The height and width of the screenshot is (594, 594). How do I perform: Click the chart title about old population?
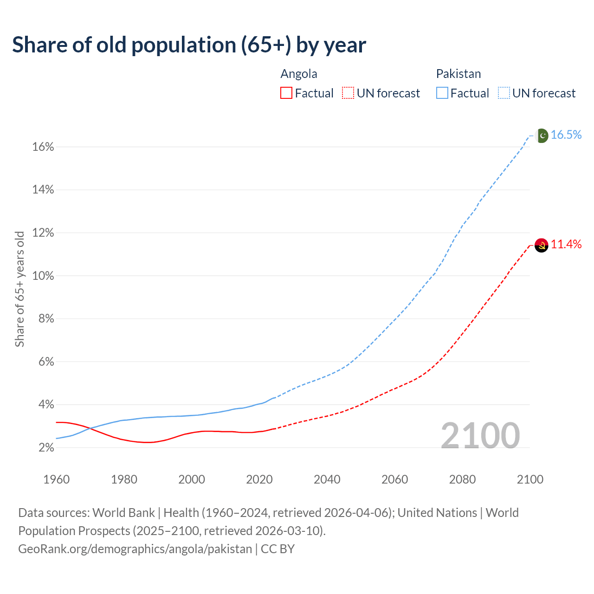[x=189, y=45]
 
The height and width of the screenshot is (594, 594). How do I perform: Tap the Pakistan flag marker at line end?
[x=542, y=136]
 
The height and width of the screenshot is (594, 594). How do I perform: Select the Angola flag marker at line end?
[x=542, y=245]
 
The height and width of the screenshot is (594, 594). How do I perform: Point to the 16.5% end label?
[x=566, y=135]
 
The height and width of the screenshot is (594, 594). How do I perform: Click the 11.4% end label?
[x=566, y=245]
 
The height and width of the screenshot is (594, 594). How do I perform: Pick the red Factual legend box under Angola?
[x=286, y=93]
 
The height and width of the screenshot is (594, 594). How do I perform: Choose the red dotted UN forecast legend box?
[x=348, y=93]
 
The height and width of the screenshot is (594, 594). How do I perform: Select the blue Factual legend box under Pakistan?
[x=442, y=93]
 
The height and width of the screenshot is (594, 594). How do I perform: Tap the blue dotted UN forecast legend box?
[x=504, y=93]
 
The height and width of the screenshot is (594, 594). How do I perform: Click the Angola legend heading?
[x=299, y=74]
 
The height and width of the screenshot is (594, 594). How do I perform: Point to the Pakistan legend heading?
[x=458, y=74]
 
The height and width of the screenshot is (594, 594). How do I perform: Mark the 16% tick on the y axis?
[x=43, y=147]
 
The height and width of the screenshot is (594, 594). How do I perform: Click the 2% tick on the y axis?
[x=46, y=448]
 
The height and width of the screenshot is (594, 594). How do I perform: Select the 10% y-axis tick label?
[x=43, y=276]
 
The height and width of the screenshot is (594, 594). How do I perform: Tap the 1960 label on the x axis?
[x=56, y=479]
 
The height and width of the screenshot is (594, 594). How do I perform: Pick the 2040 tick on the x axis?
[x=327, y=479]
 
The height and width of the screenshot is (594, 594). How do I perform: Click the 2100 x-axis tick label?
[x=530, y=479]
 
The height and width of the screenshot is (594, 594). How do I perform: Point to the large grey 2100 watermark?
[x=480, y=436]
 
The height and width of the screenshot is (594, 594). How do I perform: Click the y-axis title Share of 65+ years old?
[x=19, y=289]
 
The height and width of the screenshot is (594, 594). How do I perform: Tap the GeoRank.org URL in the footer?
[x=135, y=549]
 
